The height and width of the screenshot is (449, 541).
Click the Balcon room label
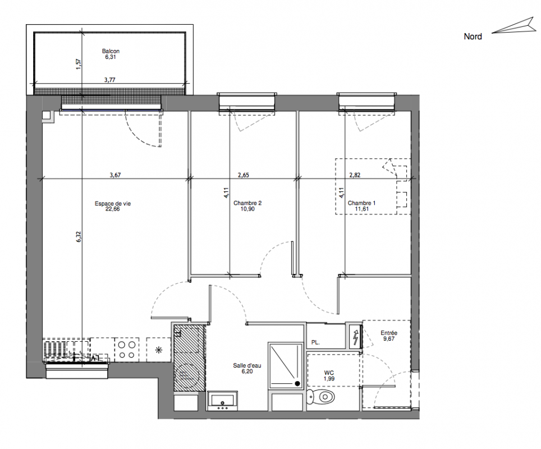point(111,51)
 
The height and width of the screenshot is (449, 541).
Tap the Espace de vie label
point(113,204)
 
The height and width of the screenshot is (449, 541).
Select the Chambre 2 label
point(247,203)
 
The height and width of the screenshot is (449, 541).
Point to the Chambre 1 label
point(361,203)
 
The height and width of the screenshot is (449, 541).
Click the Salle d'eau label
point(247,365)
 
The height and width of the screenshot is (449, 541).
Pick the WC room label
point(329,373)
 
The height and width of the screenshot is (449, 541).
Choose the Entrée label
point(389,333)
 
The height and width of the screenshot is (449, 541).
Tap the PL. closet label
point(315,342)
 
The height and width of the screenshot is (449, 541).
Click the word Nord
point(473,36)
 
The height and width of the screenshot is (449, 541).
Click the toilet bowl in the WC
point(321,397)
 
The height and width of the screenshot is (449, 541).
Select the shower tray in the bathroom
point(286,365)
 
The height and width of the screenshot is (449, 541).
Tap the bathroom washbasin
point(223,401)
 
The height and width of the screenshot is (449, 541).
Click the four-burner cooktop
point(127,350)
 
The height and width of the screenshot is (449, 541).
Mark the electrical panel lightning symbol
point(355,337)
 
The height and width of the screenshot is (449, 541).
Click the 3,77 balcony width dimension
point(110,80)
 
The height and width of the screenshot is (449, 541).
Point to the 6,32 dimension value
point(79,236)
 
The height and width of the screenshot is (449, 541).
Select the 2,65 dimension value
point(243,175)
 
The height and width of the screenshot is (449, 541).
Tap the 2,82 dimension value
point(355,175)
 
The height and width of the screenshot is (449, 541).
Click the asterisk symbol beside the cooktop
point(159,350)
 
